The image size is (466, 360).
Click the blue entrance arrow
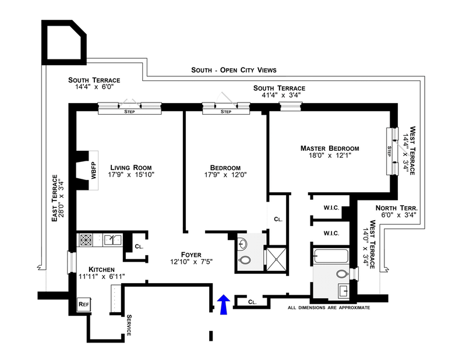[x=223, y=305]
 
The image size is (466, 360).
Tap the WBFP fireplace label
[x=94, y=170]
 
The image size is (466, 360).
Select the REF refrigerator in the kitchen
[x=83, y=304]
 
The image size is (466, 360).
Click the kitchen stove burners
[x=86, y=239]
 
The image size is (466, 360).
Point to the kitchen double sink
[x=112, y=239]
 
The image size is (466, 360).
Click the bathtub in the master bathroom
[x=331, y=256]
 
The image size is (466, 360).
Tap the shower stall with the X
[x=276, y=259]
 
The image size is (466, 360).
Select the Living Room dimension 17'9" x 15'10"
[x=131, y=175]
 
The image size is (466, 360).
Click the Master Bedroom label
[x=330, y=148]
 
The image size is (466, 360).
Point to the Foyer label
[x=191, y=255]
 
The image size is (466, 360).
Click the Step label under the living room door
[x=129, y=112]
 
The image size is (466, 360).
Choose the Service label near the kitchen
[x=129, y=325]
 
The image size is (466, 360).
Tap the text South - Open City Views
[x=234, y=70]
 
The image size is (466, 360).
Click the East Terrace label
[x=55, y=198]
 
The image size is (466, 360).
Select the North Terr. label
[x=397, y=208]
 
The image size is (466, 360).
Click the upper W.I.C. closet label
[x=331, y=208]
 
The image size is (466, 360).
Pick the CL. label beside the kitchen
[x=139, y=246]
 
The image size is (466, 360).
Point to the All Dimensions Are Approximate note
[x=329, y=308]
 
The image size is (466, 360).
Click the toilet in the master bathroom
[x=343, y=274]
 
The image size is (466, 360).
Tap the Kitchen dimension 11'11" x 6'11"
[x=101, y=277]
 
